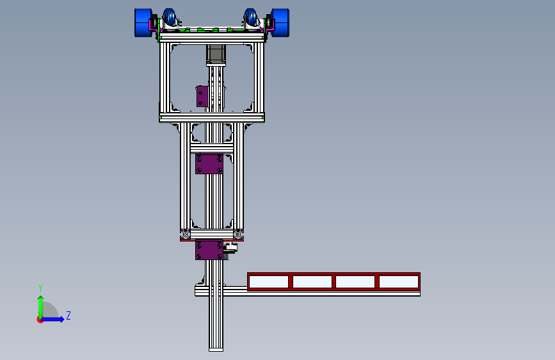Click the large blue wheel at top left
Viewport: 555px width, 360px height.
click(143, 22)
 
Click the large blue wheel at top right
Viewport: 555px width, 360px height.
click(280, 22)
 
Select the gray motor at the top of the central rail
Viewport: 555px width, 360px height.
click(216, 55)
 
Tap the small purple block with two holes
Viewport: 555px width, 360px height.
click(202, 96)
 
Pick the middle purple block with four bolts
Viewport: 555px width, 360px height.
click(209, 164)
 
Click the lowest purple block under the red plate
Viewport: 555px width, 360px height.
click(209, 250)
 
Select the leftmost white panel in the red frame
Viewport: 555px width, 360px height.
click(269, 282)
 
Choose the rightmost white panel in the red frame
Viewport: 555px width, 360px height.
click(399, 282)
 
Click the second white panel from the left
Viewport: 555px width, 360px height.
click(312, 282)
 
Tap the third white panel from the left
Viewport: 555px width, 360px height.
click(355, 282)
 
